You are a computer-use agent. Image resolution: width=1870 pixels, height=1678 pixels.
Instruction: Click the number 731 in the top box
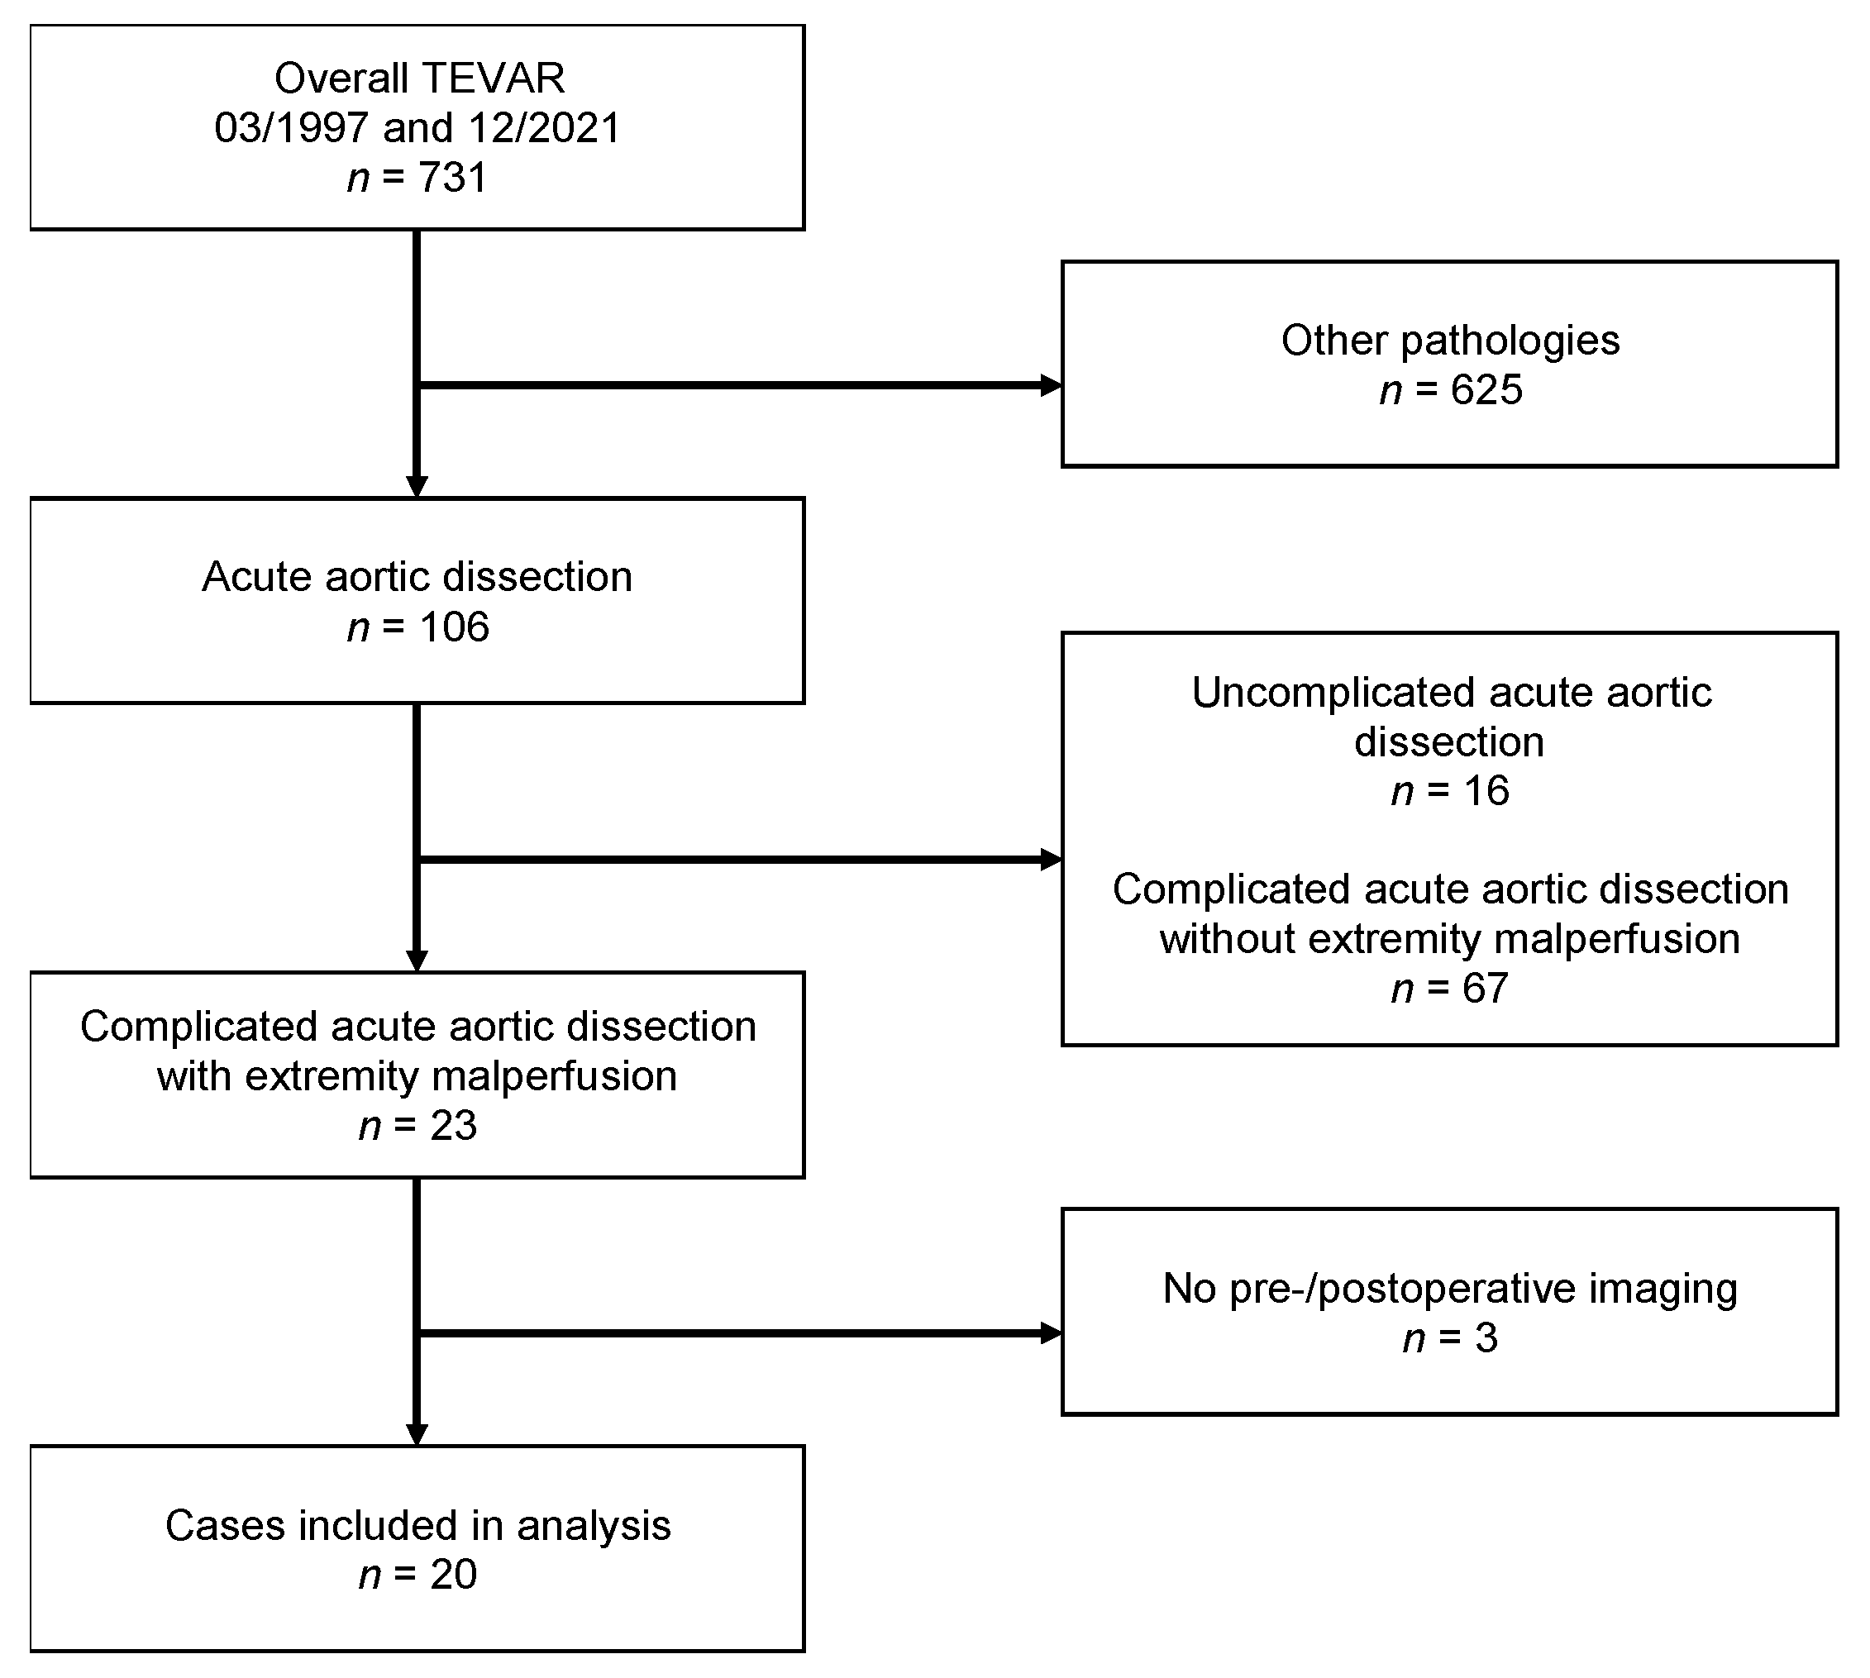pyautogui.click(x=452, y=177)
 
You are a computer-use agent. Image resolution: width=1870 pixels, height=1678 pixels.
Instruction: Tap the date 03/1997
pyautogui.click(x=291, y=128)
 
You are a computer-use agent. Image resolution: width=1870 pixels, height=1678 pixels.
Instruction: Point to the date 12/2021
pyautogui.click(x=544, y=128)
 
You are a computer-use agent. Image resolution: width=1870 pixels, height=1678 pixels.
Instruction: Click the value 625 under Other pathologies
pyautogui.click(x=1486, y=390)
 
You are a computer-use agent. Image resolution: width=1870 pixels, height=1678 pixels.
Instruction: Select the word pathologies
pyautogui.click(x=1510, y=341)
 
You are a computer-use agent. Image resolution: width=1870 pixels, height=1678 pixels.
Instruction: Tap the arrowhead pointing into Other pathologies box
pyautogui.click(x=1052, y=385)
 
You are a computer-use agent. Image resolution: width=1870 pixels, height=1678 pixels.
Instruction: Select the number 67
pyautogui.click(x=1485, y=989)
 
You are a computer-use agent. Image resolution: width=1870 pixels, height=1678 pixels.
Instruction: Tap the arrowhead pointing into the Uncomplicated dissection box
pyautogui.click(x=1052, y=860)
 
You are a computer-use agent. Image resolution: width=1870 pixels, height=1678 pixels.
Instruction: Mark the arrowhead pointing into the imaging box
pyautogui.click(x=1052, y=1333)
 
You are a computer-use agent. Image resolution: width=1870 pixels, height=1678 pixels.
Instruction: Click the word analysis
pyautogui.click(x=593, y=1525)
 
